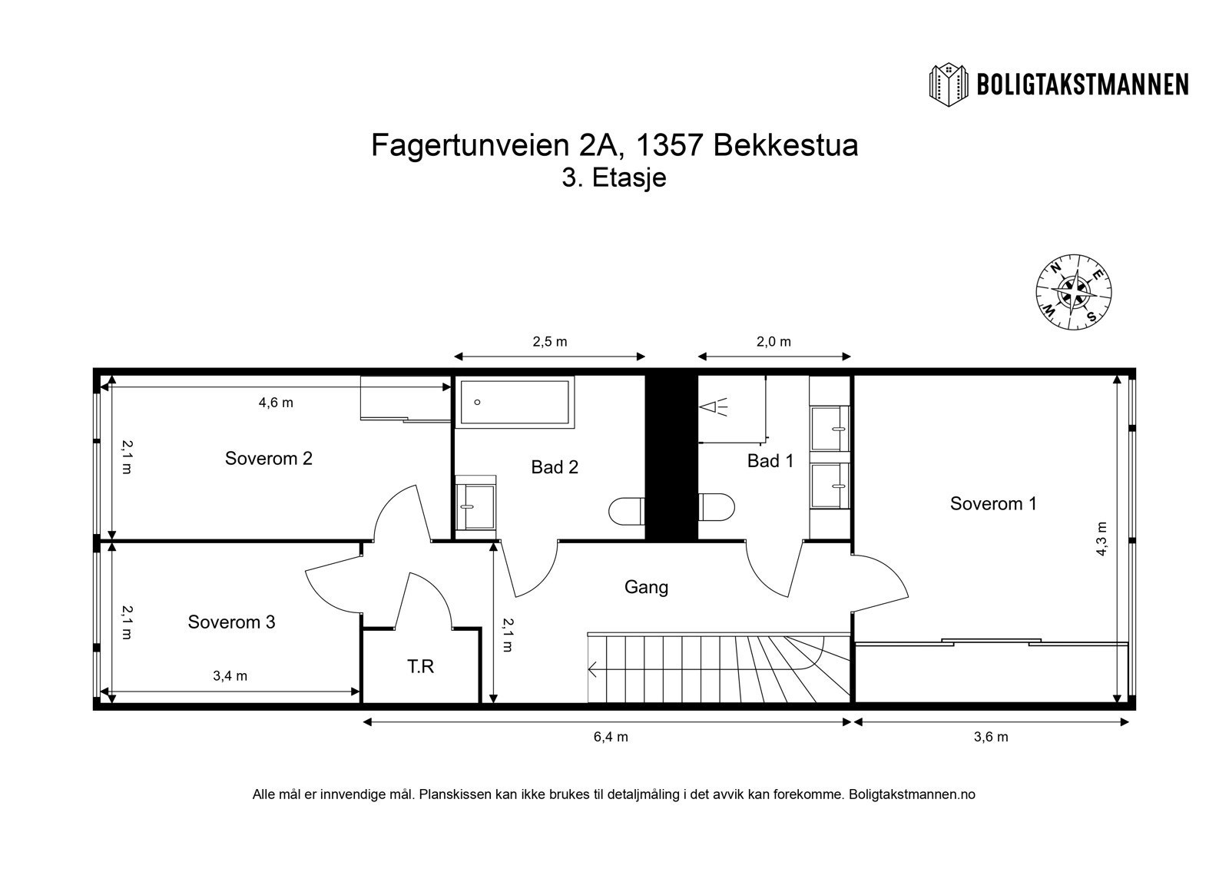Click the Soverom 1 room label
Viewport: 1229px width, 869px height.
993,504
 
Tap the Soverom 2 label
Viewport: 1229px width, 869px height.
268,459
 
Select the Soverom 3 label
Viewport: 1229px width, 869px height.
231,622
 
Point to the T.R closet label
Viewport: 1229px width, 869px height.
420,666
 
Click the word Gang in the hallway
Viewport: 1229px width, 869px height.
646,587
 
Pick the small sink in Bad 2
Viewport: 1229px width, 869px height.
475,503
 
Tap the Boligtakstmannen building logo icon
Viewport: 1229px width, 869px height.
949,84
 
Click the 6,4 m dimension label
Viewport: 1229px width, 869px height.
611,737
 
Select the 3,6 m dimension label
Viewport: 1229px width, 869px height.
991,737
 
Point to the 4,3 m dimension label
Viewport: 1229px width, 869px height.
1101,539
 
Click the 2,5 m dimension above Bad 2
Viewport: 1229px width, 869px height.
549,342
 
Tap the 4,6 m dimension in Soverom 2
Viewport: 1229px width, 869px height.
276,402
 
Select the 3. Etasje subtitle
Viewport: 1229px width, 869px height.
614,178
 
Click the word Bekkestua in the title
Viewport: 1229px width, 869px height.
785,145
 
